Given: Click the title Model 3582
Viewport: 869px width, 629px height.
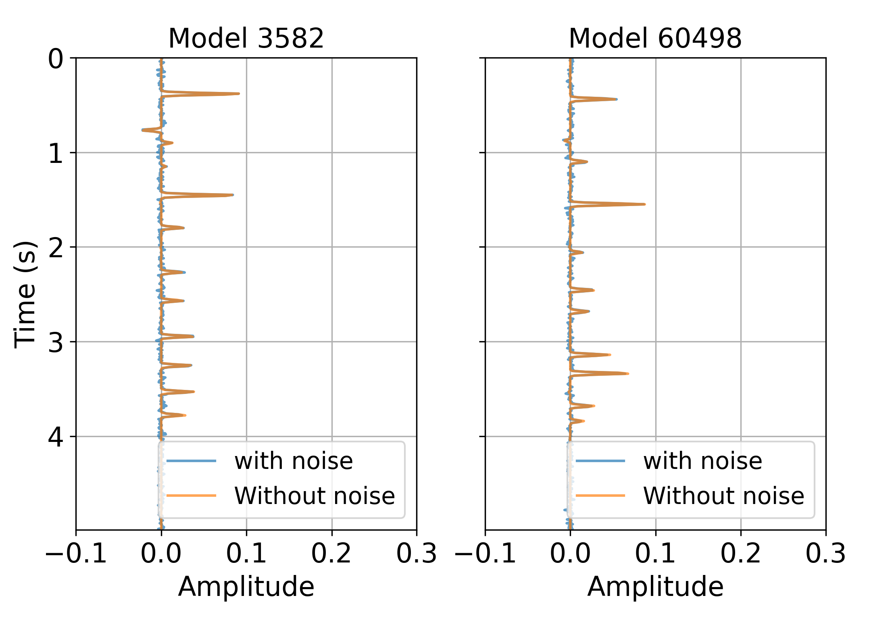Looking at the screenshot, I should tap(246, 39).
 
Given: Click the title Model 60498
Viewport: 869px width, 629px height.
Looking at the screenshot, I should tap(655, 39).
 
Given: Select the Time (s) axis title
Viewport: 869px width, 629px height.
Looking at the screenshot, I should tap(25, 294).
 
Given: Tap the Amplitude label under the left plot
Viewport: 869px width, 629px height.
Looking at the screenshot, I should tap(246, 587).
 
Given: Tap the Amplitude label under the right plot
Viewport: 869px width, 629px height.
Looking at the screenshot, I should tap(655, 587).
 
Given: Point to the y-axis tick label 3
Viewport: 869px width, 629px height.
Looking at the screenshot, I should tap(56, 342).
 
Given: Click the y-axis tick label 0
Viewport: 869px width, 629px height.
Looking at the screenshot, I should tap(56, 59).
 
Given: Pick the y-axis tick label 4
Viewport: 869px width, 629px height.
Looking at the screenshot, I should tap(56, 437).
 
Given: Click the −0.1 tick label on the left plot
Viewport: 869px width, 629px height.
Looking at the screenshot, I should tap(76, 554).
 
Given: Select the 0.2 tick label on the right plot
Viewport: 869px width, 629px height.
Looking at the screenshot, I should tap(740, 554).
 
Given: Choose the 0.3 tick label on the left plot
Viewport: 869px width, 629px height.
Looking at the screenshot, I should tap(417, 554).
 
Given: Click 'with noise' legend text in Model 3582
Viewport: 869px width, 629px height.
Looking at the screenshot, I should tap(294, 461).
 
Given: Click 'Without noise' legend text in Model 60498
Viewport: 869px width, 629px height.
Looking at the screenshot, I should tap(723, 496).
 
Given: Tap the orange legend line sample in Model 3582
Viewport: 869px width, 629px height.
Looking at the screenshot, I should tap(192, 496).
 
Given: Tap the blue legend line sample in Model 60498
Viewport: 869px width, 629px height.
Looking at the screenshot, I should tap(600, 461).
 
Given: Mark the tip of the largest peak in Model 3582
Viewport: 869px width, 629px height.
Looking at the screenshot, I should tap(238, 94).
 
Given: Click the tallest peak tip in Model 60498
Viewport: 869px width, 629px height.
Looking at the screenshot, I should tap(644, 204).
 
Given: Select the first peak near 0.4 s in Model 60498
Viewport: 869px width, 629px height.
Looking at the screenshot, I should tap(616, 99).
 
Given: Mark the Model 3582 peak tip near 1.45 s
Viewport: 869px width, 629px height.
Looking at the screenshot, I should tap(233, 195).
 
